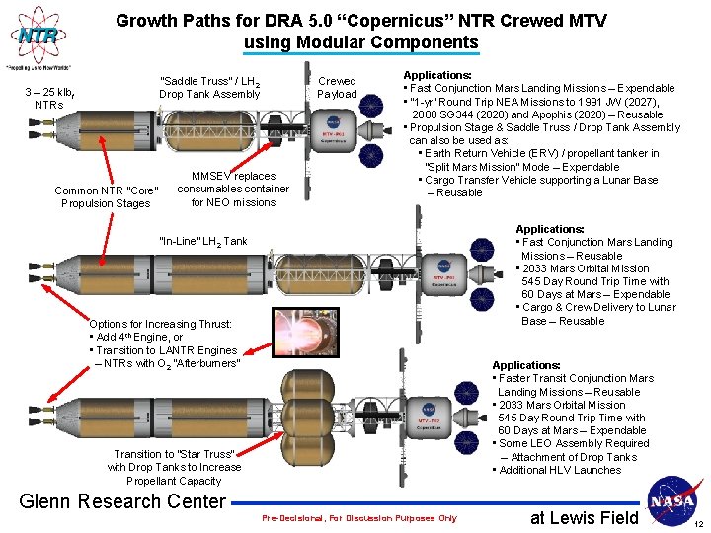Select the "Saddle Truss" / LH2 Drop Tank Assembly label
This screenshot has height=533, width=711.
click(209, 87)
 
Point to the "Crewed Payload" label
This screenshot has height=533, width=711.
click(337, 88)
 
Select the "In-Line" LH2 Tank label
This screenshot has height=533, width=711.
click(203, 241)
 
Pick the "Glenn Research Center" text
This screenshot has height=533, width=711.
click(123, 501)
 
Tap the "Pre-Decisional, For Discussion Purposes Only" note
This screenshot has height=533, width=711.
click(359, 518)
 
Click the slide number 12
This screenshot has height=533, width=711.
click(697, 524)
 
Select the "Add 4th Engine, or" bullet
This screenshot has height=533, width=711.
click(138, 337)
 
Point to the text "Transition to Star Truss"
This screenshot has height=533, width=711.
click(174, 454)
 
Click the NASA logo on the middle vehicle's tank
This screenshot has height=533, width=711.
click(443, 266)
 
